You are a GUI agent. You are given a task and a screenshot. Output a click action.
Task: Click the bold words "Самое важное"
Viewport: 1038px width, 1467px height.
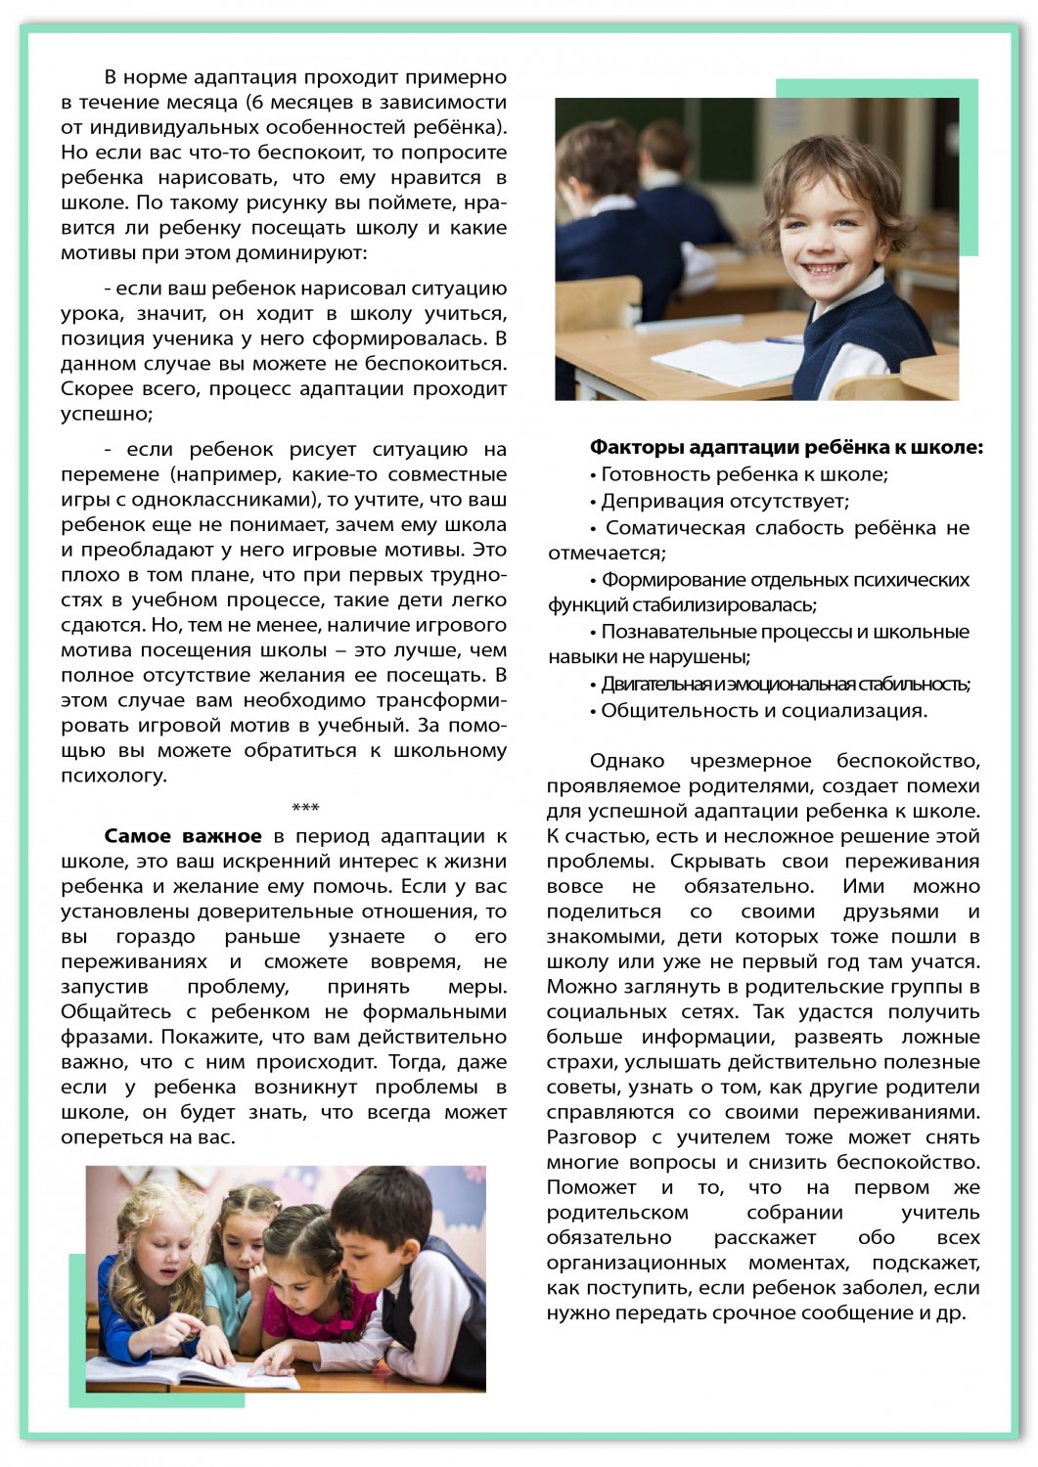(183, 837)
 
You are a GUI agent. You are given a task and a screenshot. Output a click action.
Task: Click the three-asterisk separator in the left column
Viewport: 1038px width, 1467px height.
(305, 809)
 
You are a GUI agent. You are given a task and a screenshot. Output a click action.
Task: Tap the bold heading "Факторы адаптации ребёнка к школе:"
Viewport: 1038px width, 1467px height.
(786, 448)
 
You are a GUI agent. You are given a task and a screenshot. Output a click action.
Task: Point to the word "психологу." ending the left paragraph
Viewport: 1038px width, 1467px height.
(113, 777)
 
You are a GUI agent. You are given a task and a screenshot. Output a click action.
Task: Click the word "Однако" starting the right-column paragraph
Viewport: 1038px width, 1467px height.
(627, 761)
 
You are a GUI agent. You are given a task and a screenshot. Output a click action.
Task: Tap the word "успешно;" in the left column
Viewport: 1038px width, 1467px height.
(107, 414)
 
